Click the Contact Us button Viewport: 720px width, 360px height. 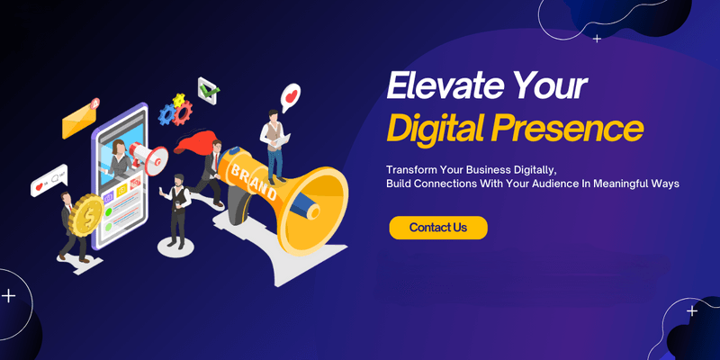pyautogui.click(x=438, y=228)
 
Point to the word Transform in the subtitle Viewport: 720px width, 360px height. pyautogui.click(x=411, y=169)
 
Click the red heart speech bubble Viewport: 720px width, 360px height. pyautogui.click(x=290, y=97)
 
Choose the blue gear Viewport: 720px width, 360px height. pyautogui.click(x=166, y=114)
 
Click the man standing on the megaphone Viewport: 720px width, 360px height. pyautogui.click(x=274, y=147)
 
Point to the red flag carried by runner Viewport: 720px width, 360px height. pyautogui.click(x=194, y=142)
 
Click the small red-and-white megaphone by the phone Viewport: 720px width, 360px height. pyautogui.click(x=148, y=157)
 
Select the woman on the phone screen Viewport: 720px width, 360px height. pyautogui.click(x=120, y=158)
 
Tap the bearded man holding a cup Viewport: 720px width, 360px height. pyautogui.click(x=176, y=210)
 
